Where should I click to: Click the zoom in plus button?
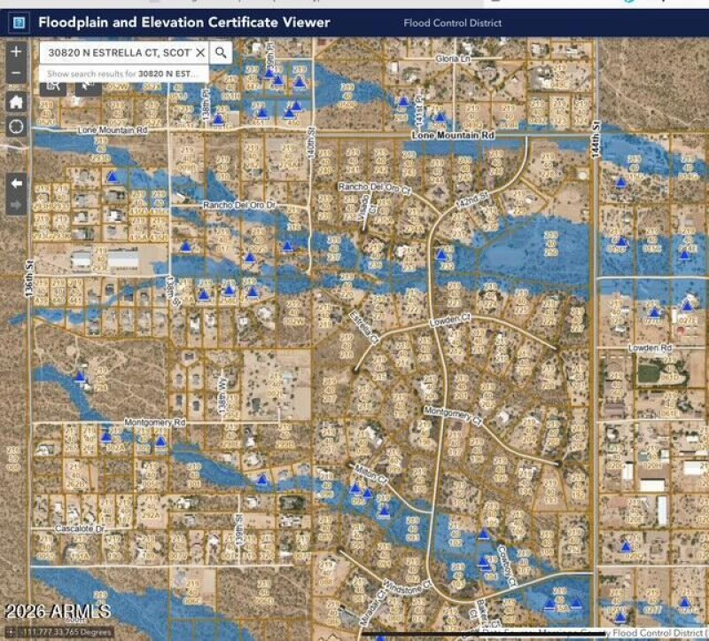point(16,52)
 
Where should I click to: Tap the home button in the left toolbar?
point(16,101)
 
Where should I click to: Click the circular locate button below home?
point(16,126)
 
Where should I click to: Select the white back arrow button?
point(16,183)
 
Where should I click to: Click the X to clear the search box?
point(200,53)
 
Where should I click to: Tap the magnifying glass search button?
point(222,53)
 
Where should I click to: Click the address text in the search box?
point(120,53)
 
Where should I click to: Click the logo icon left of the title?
point(19,23)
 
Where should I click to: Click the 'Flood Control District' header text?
point(452,23)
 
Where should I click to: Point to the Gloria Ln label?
point(451,59)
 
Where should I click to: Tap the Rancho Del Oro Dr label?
point(240,206)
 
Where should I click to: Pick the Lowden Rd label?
point(651,348)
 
